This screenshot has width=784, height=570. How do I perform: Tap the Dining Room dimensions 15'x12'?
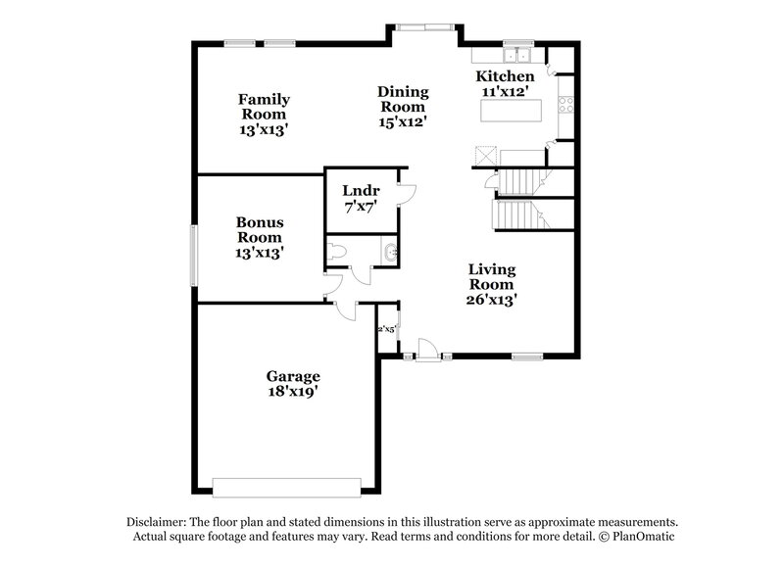click(x=402, y=122)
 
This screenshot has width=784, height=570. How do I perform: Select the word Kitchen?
click(x=505, y=76)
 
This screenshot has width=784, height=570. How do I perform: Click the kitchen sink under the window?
click(x=516, y=56)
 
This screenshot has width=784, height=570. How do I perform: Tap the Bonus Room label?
click(x=259, y=229)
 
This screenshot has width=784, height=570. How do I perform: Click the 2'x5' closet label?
click(x=386, y=330)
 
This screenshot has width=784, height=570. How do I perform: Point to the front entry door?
click(x=426, y=350)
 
